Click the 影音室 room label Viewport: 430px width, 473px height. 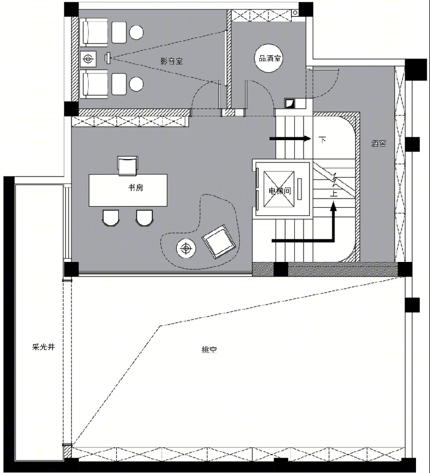point(171,61)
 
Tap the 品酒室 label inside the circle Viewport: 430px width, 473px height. point(270,58)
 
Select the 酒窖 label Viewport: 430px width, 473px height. point(379,143)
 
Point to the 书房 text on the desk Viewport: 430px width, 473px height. point(136,188)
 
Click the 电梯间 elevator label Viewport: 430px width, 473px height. point(280,190)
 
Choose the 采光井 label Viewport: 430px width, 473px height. point(43,347)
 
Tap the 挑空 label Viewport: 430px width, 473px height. point(209,350)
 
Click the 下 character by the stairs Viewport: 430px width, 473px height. point(322,140)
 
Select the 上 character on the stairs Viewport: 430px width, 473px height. point(333,193)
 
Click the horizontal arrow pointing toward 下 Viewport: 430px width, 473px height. point(290,139)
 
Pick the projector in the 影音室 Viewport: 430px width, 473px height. point(107,58)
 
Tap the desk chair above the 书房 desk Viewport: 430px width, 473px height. point(127,165)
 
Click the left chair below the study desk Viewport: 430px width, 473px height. point(111,218)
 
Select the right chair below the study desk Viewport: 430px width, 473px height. point(144,218)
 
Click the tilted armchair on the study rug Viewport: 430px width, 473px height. point(219,241)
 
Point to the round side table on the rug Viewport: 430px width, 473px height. point(186,248)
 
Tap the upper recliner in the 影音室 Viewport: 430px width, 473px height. point(93,32)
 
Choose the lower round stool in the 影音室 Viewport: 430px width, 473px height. point(136,84)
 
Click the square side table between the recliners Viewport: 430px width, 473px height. point(88,58)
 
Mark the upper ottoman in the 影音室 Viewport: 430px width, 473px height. point(119,32)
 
